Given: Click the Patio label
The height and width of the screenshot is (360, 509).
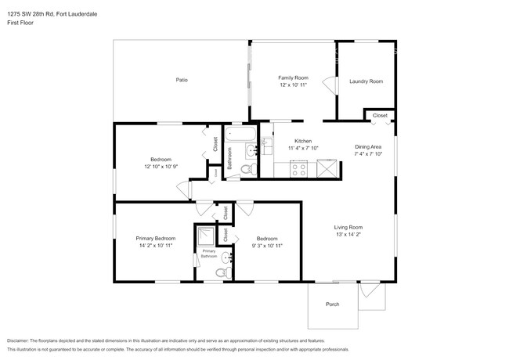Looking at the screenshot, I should click(181, 80).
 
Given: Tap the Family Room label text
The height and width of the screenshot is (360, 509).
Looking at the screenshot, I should click(293, 78).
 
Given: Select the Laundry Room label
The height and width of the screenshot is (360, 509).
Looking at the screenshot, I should click(366, 81).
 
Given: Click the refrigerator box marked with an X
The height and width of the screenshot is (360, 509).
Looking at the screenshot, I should click(326, 167).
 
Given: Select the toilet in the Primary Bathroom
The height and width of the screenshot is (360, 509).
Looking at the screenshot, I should click(221, 272).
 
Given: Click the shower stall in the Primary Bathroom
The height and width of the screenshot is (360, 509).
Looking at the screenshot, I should click(206, 236).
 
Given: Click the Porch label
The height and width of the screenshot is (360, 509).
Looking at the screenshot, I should click(332, 304).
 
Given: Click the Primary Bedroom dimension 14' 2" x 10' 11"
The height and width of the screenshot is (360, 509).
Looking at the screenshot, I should click(154, 245).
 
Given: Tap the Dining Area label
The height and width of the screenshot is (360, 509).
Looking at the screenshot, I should click(367, 147).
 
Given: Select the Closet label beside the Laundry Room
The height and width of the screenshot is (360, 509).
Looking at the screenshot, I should click(379, 116).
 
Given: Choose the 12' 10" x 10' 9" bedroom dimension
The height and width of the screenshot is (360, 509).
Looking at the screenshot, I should click(162, 166).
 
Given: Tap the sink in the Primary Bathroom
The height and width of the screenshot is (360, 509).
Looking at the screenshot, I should click(226, 256).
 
